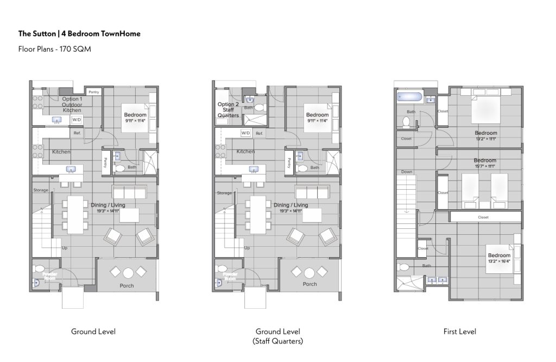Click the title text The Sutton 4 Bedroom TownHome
(x=79, y=34)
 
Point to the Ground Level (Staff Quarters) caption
(x=277, y=336)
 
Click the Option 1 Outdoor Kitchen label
(x=72, y=104)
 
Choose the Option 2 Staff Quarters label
(x=228, y=110)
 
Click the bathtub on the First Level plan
(x=408, y=98)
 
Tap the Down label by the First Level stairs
(x=407, y=172)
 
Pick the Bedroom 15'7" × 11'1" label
(x=485, y=164)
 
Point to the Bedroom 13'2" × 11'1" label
(x=486, y=136)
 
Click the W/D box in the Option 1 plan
(x=77, y=119)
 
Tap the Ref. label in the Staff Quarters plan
(x=259, y=133)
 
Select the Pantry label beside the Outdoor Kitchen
(x=94, y=92)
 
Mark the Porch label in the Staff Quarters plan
(x=309, y=284)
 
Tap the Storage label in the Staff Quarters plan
(x=224, y=193)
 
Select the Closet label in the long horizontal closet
(x=483, y=217)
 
